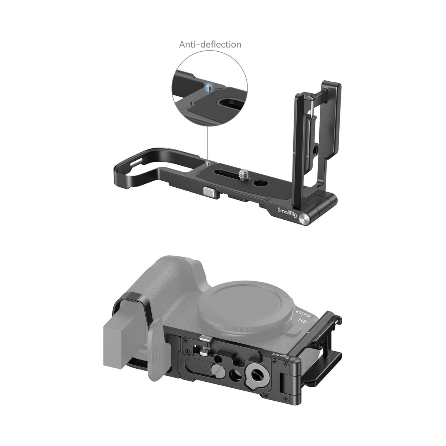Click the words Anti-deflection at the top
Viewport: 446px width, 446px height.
point(210,45)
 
